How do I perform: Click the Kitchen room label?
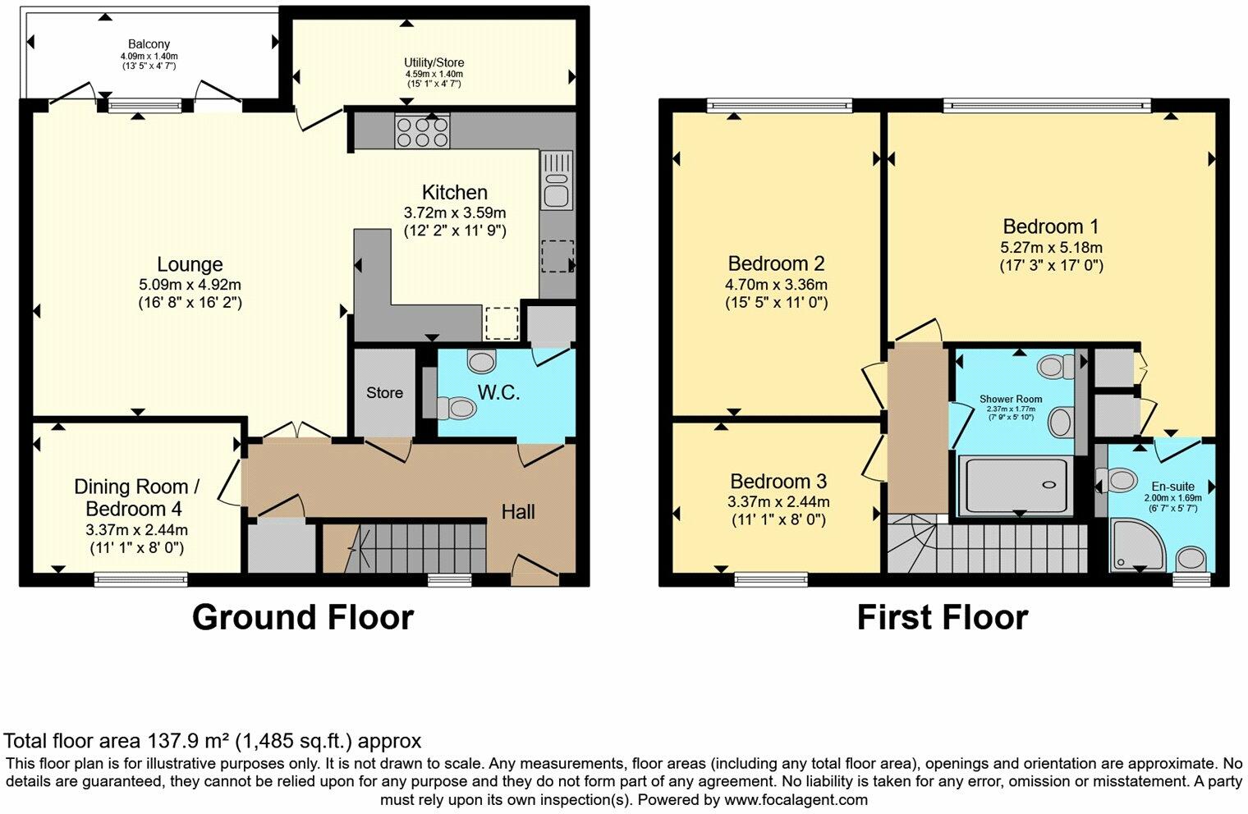454,193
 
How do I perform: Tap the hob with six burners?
422,131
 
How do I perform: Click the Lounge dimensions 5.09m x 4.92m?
190,285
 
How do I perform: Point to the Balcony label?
149,44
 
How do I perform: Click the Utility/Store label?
434,62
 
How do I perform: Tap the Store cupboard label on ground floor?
384,393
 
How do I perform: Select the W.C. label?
498,393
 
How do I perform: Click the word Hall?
518,512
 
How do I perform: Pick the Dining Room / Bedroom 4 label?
136,497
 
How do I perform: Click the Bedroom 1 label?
1050,226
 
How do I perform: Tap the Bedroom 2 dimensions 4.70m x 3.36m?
776,285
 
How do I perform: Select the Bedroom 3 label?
778,482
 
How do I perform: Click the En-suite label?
1172,487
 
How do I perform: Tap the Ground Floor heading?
302,617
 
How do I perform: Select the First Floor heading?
942,617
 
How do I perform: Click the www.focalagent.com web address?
796,799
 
